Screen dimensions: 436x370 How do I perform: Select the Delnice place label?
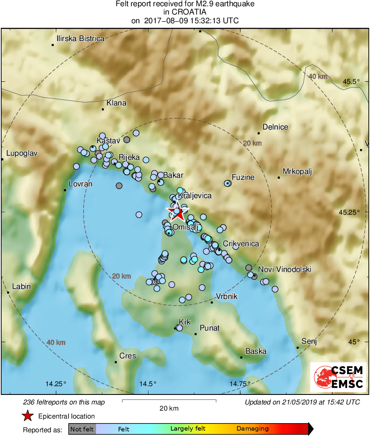tap(275, 127)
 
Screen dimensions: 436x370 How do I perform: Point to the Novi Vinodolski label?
tap(285, 269)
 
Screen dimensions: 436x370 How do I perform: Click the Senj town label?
tap(309, 342)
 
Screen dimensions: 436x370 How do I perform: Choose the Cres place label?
tap(128, 356)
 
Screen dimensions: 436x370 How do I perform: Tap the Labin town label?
tap(21, 287)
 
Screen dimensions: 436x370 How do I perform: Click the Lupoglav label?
tap(21, 153)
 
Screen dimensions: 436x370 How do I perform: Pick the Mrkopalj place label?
tap(297, 171)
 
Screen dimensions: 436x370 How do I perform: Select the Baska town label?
tap(256, 351)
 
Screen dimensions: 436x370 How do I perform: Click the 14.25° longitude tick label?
tap(56, 383)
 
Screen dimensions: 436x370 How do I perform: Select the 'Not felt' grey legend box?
tap(82, 429)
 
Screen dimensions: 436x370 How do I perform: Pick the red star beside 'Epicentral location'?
tap(27, 416)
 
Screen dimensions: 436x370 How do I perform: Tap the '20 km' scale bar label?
tap(169, 408)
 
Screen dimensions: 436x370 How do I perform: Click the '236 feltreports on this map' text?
tap(64, 402)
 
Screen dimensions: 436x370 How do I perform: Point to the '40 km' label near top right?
tap(318, 76)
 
